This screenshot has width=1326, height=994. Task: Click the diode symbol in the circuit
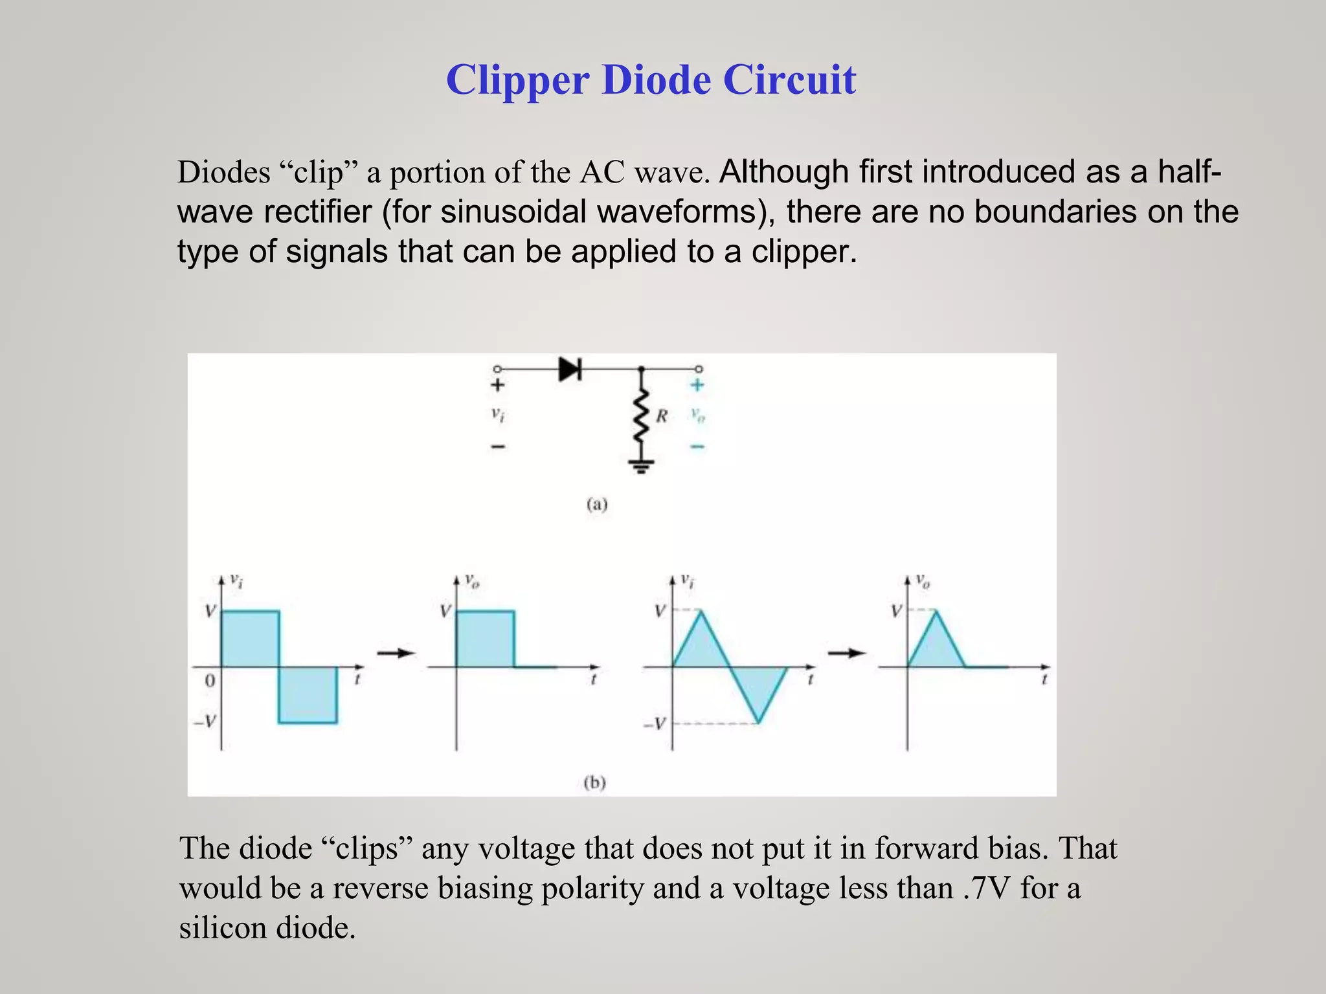point(570,370)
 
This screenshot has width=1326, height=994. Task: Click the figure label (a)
point(597,504)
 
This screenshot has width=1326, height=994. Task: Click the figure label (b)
point(594,783)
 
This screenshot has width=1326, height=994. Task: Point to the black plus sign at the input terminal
point(497,386)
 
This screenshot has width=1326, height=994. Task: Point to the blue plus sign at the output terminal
point(697,386)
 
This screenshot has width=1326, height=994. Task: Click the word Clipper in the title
point(517,80)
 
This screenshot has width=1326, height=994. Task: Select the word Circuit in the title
point(789,80)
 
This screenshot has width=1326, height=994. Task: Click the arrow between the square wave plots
point(396,653)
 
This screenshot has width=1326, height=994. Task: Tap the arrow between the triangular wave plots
point(846,653)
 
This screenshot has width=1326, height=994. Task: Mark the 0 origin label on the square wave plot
point(209,681)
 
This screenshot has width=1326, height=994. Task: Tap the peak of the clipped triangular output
point(936,612)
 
